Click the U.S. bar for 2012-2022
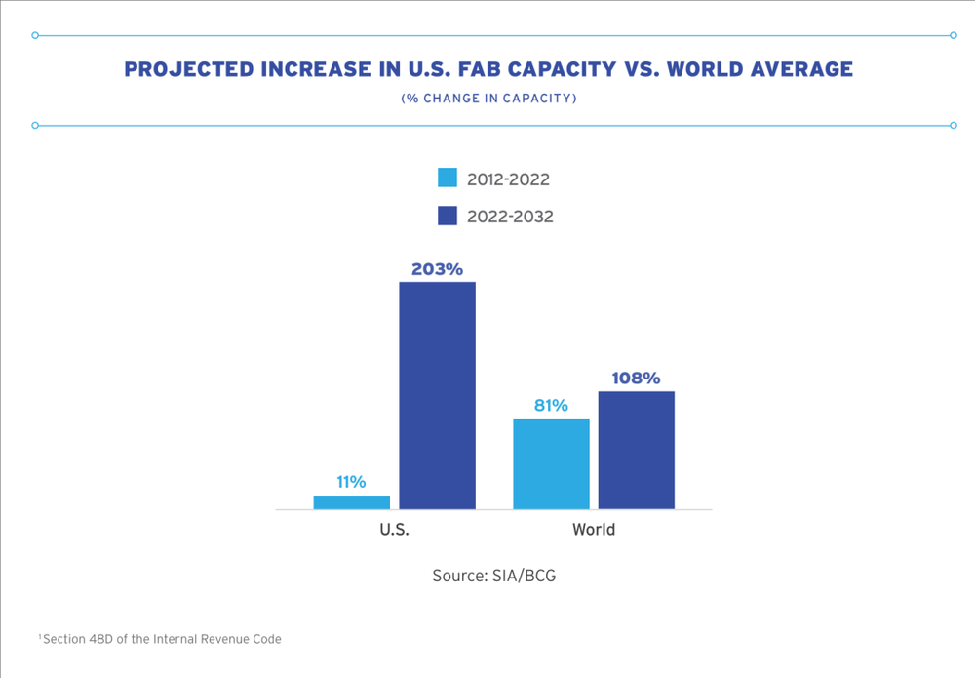tap(352, 501)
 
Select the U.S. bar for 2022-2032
tap(438, 395)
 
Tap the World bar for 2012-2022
tap(552, 463)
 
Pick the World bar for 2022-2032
tap(637, 450)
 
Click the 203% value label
tap(437, 268)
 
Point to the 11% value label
tap(351, 482)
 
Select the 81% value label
tap(551, 405)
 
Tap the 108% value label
tap(637, 378)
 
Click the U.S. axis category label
tap(394, 531)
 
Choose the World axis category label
tap(594, 531)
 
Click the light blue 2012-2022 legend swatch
tap(448, 178)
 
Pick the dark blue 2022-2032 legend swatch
tap(448, 216)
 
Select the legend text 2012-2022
tap(509, 179)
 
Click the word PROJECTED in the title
tap(184, 70)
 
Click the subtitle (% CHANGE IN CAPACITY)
tap(488, 99)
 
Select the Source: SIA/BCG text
tap(494, 576)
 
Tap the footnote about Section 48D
tap(161, 639)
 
